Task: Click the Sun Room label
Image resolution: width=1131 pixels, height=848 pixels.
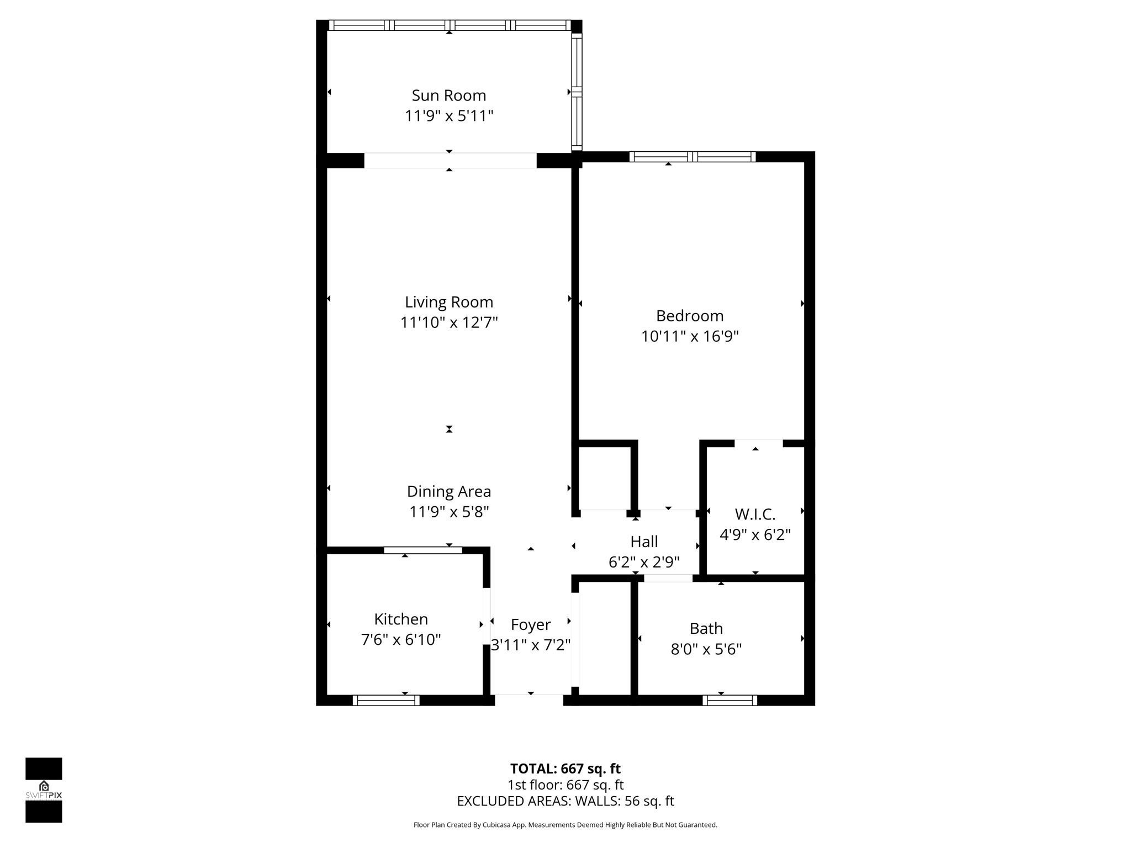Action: coord(448,96)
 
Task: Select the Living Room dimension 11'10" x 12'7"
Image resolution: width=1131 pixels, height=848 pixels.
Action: coord(449,322)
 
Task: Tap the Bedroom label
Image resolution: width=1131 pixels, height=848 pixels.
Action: coord(689,316)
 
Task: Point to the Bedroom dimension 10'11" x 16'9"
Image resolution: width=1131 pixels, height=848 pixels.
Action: coord(689,336)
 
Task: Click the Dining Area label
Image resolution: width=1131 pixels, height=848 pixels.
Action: coord(448,491)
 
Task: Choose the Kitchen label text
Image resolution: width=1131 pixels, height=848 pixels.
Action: coord(401,619)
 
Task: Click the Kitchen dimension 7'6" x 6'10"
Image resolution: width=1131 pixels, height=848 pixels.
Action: coord(401,640)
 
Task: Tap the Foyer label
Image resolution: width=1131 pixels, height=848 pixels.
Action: coord(530,624)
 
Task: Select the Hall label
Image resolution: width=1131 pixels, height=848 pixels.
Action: coord(644,542)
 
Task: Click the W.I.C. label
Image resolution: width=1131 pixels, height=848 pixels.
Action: coord(755,515)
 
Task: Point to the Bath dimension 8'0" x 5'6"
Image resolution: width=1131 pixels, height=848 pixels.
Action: coord(706,649)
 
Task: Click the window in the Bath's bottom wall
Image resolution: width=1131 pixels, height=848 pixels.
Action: coord(730,700)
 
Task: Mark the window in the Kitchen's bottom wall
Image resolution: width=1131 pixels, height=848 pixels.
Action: coord(386,700)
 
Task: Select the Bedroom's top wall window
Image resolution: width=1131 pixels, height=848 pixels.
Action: coord(693,157)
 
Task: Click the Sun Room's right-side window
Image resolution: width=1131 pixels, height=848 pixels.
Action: coord(577,92)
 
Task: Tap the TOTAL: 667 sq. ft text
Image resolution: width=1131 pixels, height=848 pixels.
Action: coord(565,768)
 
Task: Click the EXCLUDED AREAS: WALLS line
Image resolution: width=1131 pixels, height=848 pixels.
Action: coord(565,801)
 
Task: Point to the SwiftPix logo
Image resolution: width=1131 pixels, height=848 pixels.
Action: coord(44,790)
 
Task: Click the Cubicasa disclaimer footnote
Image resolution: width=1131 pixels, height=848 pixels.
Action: coord(565,825)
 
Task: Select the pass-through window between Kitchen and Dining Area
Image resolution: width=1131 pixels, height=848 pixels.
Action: coord(423,550)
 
